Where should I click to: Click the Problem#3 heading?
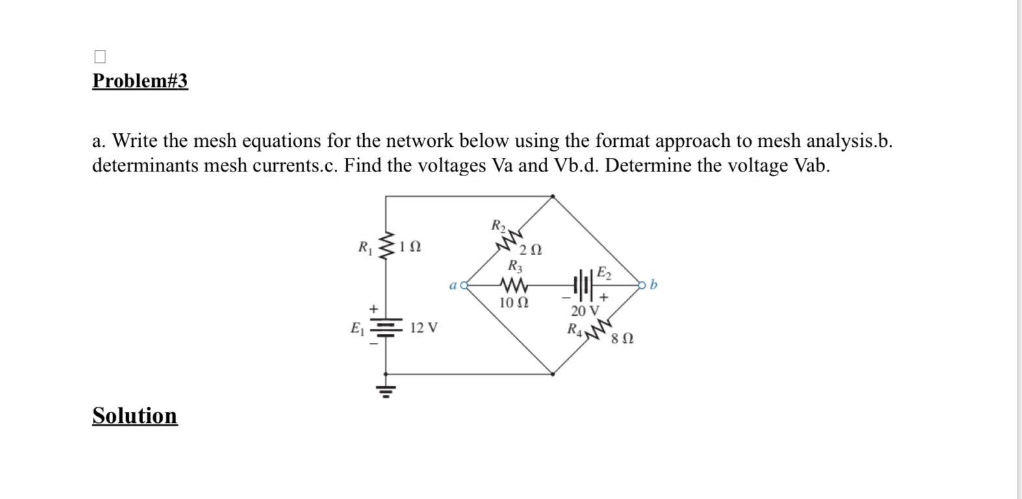pos(140,81)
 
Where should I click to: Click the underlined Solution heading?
pos(134,415)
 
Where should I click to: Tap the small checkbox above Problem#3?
pos(99,57)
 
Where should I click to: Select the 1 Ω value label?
pos(410,248)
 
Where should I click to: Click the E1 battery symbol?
pos(386,327)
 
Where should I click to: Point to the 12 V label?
pos(424,327)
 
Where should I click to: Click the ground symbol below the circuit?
pos(386,390)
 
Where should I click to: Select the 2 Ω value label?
pos(531,250)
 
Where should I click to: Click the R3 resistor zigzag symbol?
pos(514,285)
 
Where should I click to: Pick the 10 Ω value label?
pos(513,303)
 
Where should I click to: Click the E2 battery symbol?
pos(583,285)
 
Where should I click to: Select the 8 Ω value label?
pos(622,339)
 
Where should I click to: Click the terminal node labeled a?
pos(464,285)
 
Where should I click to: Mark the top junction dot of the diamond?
pos(552,196)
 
